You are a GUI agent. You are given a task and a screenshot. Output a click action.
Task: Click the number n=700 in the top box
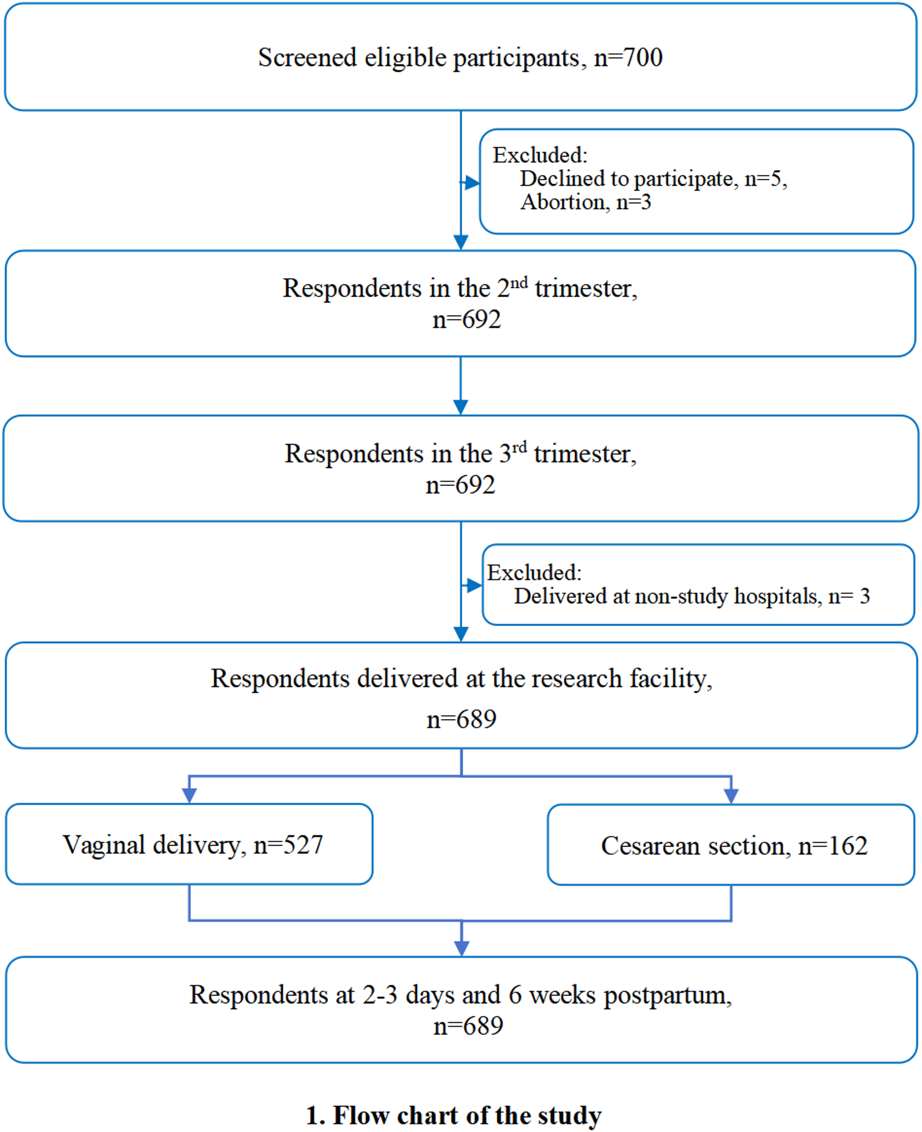(628, 57)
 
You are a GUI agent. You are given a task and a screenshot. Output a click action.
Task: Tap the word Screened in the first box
(307, 57)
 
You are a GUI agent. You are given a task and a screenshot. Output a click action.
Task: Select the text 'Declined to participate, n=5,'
(653, 179)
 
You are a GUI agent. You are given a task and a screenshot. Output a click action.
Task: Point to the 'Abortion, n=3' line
(586, 202)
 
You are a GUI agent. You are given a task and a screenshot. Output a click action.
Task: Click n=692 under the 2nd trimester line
(467, 319)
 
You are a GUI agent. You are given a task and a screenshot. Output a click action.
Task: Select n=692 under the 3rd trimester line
(461, 485)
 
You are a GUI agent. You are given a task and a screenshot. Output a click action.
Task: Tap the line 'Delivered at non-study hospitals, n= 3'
(691, 596)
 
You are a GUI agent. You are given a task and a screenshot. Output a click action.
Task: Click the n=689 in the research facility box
(461, 719)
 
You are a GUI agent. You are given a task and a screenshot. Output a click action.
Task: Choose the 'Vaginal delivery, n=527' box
(190, 844)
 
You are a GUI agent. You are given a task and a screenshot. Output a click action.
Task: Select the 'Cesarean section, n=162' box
(731, 844)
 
